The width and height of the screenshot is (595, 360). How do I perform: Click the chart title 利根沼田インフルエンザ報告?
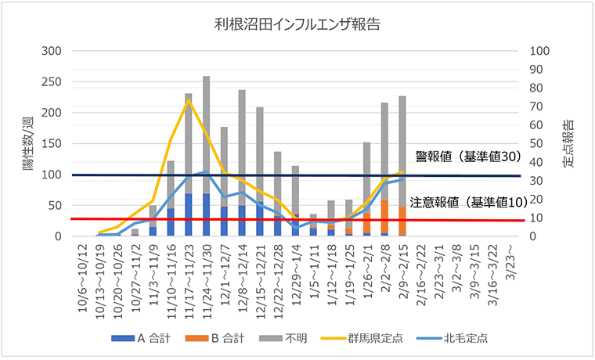(297, 24)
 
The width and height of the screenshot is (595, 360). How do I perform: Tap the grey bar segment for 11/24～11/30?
(206, 133)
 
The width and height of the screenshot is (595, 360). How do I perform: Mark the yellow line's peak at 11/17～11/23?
(188, 100)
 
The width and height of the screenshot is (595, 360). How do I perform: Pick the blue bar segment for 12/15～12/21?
(259, 218)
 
